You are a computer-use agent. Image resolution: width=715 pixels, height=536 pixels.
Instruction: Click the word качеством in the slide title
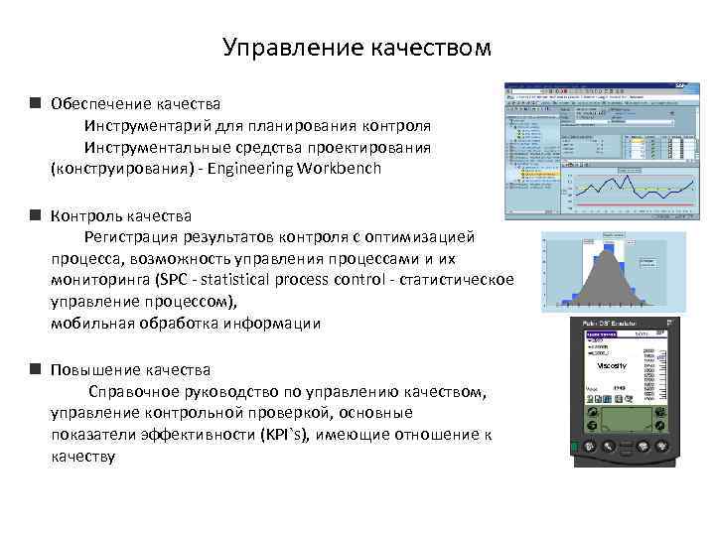coord(416,49)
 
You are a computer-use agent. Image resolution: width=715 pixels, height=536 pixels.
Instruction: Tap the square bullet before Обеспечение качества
coord(35,103)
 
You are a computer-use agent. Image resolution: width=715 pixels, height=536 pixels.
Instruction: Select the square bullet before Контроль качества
coord(35,215)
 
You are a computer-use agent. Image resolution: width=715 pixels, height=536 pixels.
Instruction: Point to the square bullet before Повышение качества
coord(35,369)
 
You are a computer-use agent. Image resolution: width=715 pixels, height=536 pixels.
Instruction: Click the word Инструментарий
coord(149,125)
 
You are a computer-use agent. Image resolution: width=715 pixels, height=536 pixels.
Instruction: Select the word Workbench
coord(338,169)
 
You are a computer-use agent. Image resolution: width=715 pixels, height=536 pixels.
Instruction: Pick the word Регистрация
coord(136,237)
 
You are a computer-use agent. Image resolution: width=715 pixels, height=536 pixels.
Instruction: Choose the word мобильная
coord(94,324)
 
